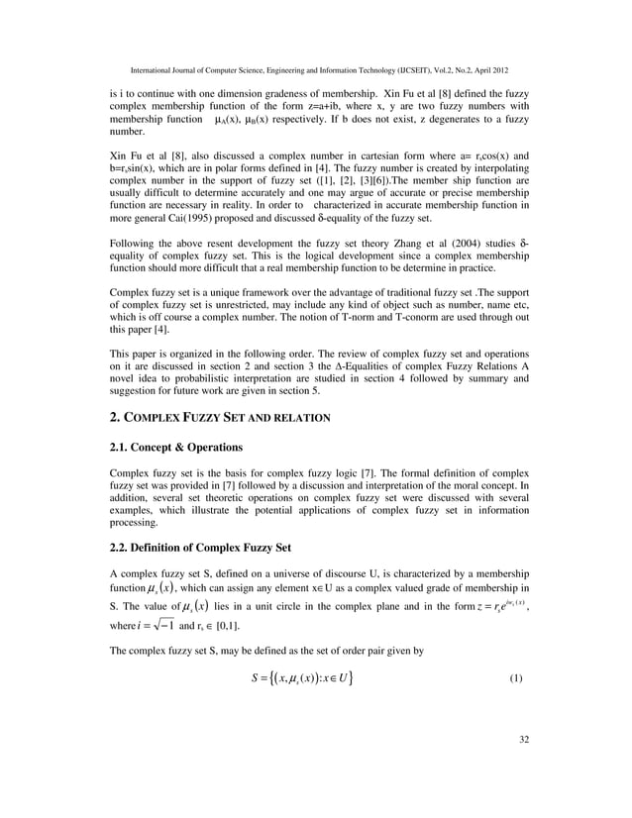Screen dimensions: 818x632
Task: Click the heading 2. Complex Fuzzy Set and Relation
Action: coord(220,419)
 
